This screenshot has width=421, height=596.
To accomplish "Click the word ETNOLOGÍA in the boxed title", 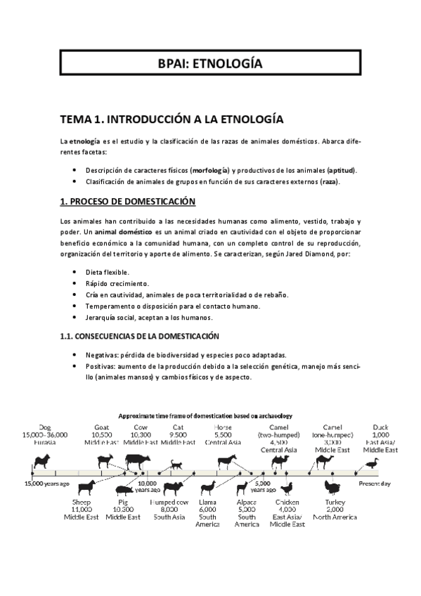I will pos(230,64).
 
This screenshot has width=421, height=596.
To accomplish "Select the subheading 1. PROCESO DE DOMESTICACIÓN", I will pos(127,202).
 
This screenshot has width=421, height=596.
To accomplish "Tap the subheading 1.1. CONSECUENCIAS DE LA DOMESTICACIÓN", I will pos(139,337).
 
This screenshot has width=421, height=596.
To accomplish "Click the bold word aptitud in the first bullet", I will pos(342,170).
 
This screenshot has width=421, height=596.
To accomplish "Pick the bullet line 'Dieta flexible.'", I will pos(107,272).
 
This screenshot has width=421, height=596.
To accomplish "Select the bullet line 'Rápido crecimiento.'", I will pos(117,283).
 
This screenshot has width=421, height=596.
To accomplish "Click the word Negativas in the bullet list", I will pos(102,354).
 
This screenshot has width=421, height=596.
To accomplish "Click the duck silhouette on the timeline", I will pos(371,462).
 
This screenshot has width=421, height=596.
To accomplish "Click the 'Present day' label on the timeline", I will pos(375,484).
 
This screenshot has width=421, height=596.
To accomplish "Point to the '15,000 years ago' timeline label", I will pos(47,484).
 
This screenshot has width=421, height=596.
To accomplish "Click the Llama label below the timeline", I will pos(207,503).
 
